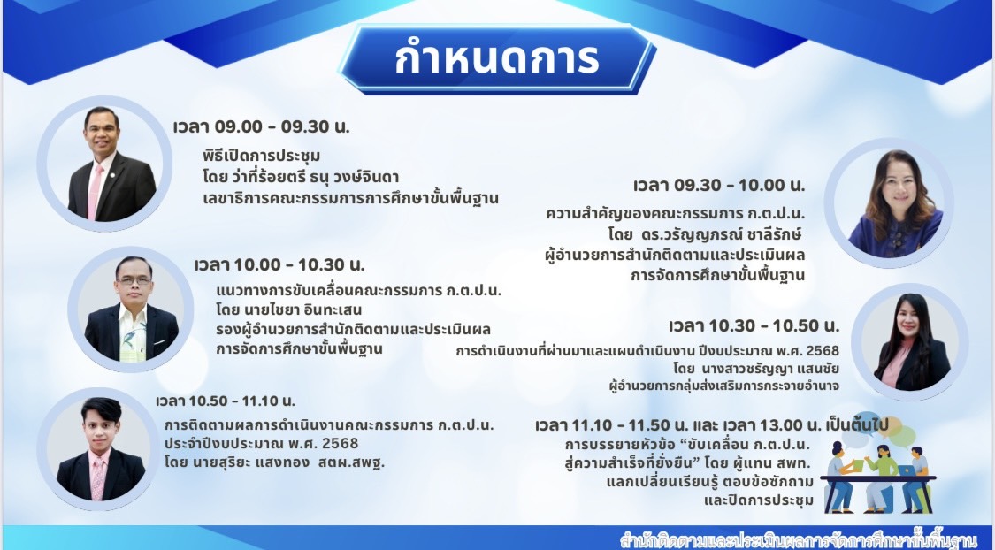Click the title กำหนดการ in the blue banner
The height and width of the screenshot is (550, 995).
pyautogui.click(x=497, y=59)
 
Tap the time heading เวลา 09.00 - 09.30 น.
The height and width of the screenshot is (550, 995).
pyautogui.click(x=262, y=126)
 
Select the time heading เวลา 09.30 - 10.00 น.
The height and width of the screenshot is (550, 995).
pyautogui.click(x=719, y=185)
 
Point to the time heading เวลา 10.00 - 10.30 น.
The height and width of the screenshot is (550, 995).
pyautogui.click(x=279, y=264)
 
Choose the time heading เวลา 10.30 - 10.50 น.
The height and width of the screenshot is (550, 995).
pyautogui.click(x=754, y=326)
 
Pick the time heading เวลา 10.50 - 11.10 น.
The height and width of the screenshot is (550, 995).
pyautogui.click(x=226, y=401)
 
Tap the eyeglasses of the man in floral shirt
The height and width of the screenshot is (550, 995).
pyautogui.click(x=134, y=279)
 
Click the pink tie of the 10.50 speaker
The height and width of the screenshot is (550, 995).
pyautogui.click(x=97, y=479)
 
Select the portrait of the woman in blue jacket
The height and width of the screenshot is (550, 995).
pyautogui.click(x=895, y=202)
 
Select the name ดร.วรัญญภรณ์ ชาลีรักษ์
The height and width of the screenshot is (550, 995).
pyautogui.click(x=722, y=234)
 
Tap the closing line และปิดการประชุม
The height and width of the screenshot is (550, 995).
pyautogui.click(x=758, y=500)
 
